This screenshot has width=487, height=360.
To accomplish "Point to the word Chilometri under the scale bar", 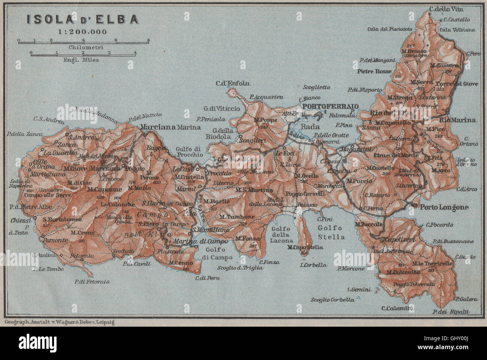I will pos(83,48).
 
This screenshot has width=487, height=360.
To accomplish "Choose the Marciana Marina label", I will pos(170,127).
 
